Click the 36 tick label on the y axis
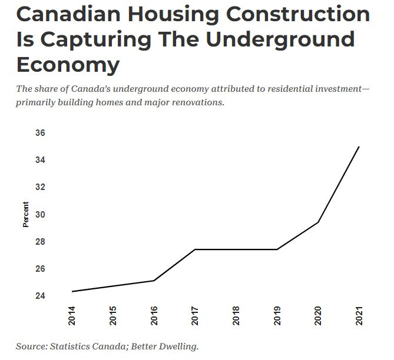click(40, 133)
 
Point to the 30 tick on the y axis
click(40, 215)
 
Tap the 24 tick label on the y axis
click(40, 296)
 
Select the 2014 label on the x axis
click(72, 317)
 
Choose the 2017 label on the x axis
click(195, 317)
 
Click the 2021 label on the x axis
click(359, 317)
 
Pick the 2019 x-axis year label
click(277, 317)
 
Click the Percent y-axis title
click(26, 215)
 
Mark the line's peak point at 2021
click(359, 146)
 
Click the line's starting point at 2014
click(72, 291)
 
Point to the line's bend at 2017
click(195, 249)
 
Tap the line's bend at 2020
click(318, 222)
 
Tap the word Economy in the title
click(68, 64)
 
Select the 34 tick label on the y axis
click(40, 160)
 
